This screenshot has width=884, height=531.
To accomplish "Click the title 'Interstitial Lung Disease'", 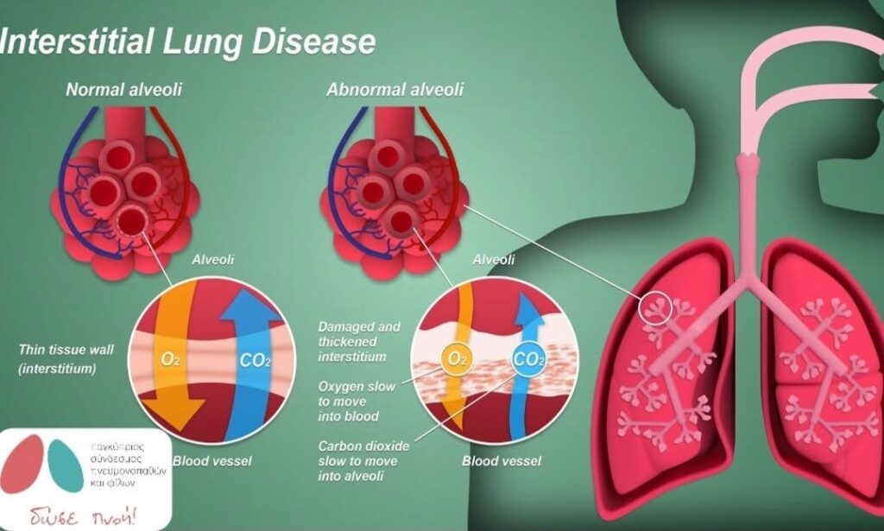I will pyautogui.click(x=188, y=41).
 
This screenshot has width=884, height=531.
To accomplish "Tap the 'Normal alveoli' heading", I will pyautogui.click(x=124, y=89).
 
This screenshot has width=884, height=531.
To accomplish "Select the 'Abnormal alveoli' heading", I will pyautogui.click(x=395, y=89).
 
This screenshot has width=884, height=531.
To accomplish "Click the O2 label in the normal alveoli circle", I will pyautogui.click(x=170, y=358).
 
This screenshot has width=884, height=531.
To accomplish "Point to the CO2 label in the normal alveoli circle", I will pyautogui.click(x=255, y=360).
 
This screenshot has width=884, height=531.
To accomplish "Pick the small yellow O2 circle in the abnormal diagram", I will pyautogui.click(x=453, y=357).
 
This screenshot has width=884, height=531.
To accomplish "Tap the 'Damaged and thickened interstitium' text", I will pyautogui.click(x=359, y=342).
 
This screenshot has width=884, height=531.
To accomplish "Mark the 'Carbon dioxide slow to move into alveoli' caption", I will pyautogui.click(x=363, y=460).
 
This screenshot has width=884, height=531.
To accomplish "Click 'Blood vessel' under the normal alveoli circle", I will pyautogui.click(x=212, y=461).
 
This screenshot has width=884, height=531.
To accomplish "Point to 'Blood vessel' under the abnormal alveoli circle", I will pyautogui.click(x=502, y=461).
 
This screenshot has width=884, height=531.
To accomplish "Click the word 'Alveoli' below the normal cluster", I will pyautogui.click(x=212, y=259).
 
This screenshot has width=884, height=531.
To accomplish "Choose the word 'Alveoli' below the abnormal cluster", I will pyautogui.click(x=494, y=259).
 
